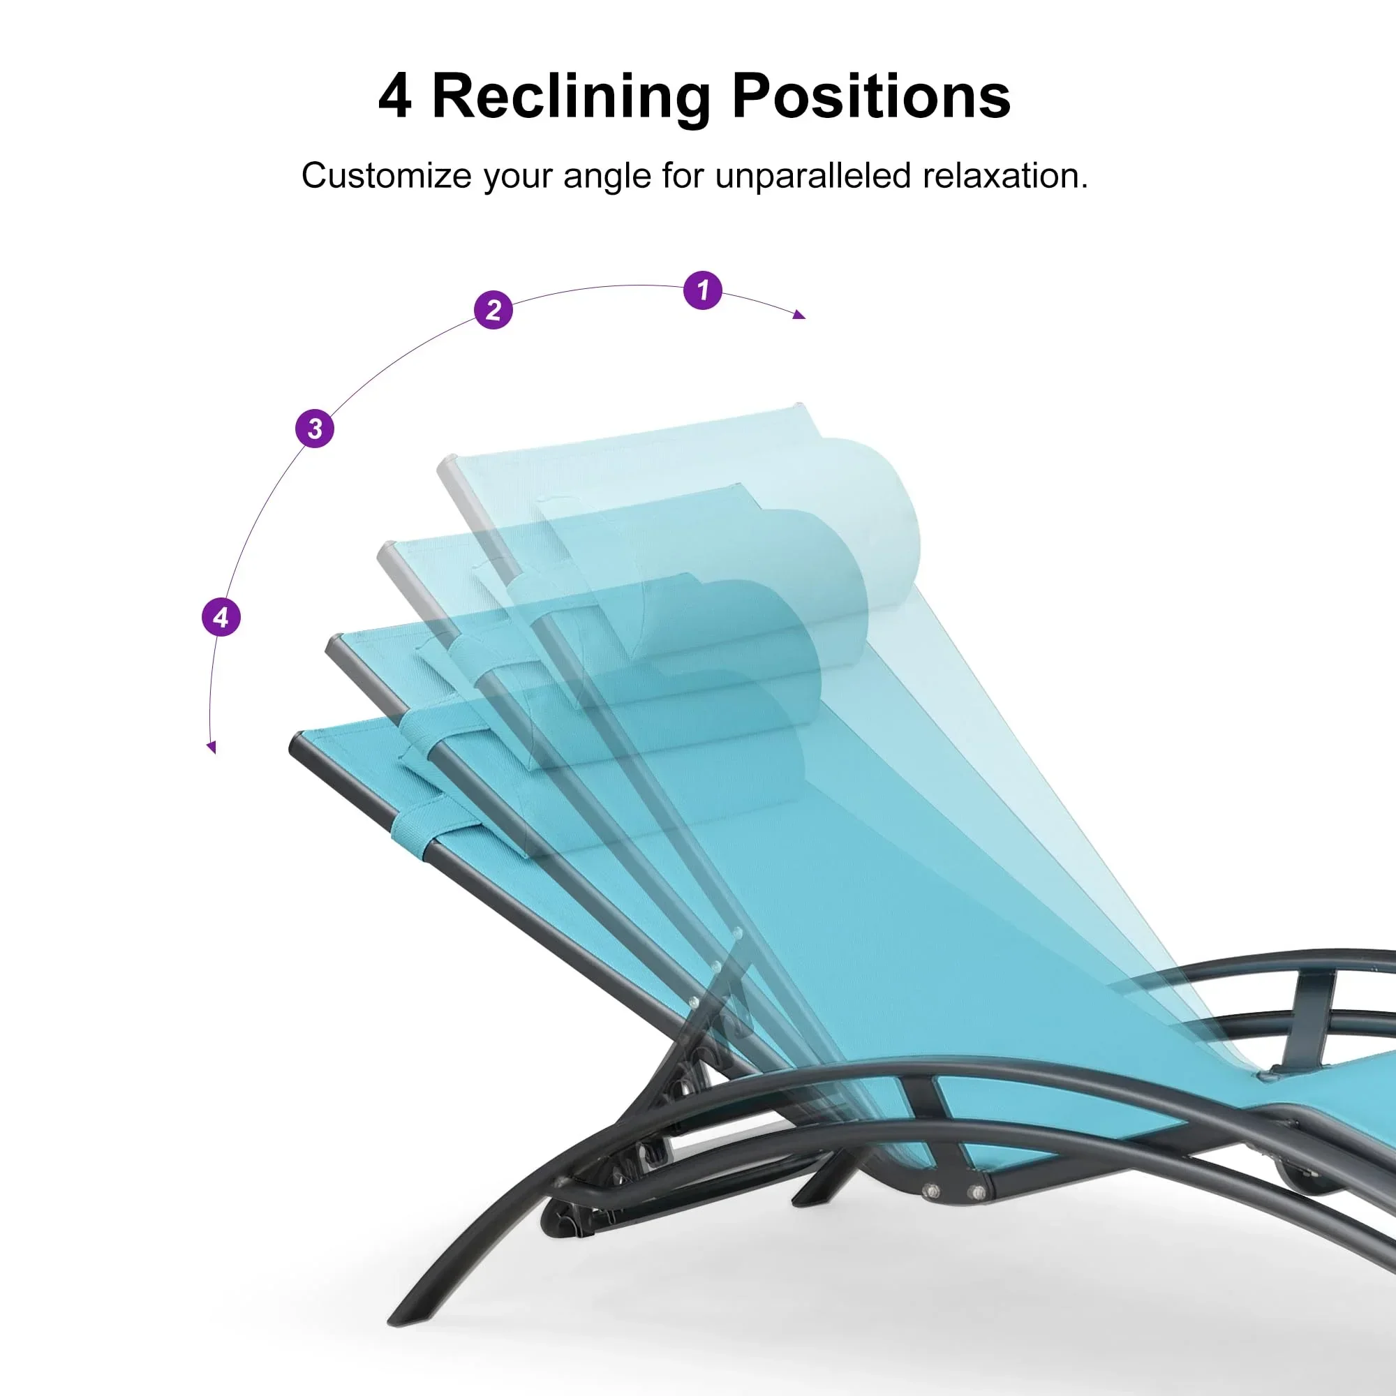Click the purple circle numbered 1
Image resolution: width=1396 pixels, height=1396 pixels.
click(x=702, y=290)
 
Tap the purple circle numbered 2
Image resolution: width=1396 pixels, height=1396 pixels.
click(x=493, y=310)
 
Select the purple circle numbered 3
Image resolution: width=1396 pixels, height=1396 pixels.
click(x=315, y=429)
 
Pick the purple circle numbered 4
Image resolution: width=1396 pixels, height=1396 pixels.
click(x=221, y=617)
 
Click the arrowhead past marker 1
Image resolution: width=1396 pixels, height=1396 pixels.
click(x=799, y=314)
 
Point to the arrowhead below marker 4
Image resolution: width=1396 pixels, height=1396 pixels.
click(x=211, y=747)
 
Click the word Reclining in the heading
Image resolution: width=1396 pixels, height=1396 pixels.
click(x=572, y=97)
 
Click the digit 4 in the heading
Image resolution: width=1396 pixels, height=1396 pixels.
click(x=394, y=96)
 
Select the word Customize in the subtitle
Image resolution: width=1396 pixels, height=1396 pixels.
click(x=386, y=176)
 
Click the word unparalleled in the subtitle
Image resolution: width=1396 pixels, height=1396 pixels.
click(x=813, y=177)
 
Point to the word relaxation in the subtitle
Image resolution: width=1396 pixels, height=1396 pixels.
click(x=1005, y=177)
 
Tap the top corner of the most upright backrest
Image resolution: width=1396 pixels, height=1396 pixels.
click(x=799, y=405)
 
